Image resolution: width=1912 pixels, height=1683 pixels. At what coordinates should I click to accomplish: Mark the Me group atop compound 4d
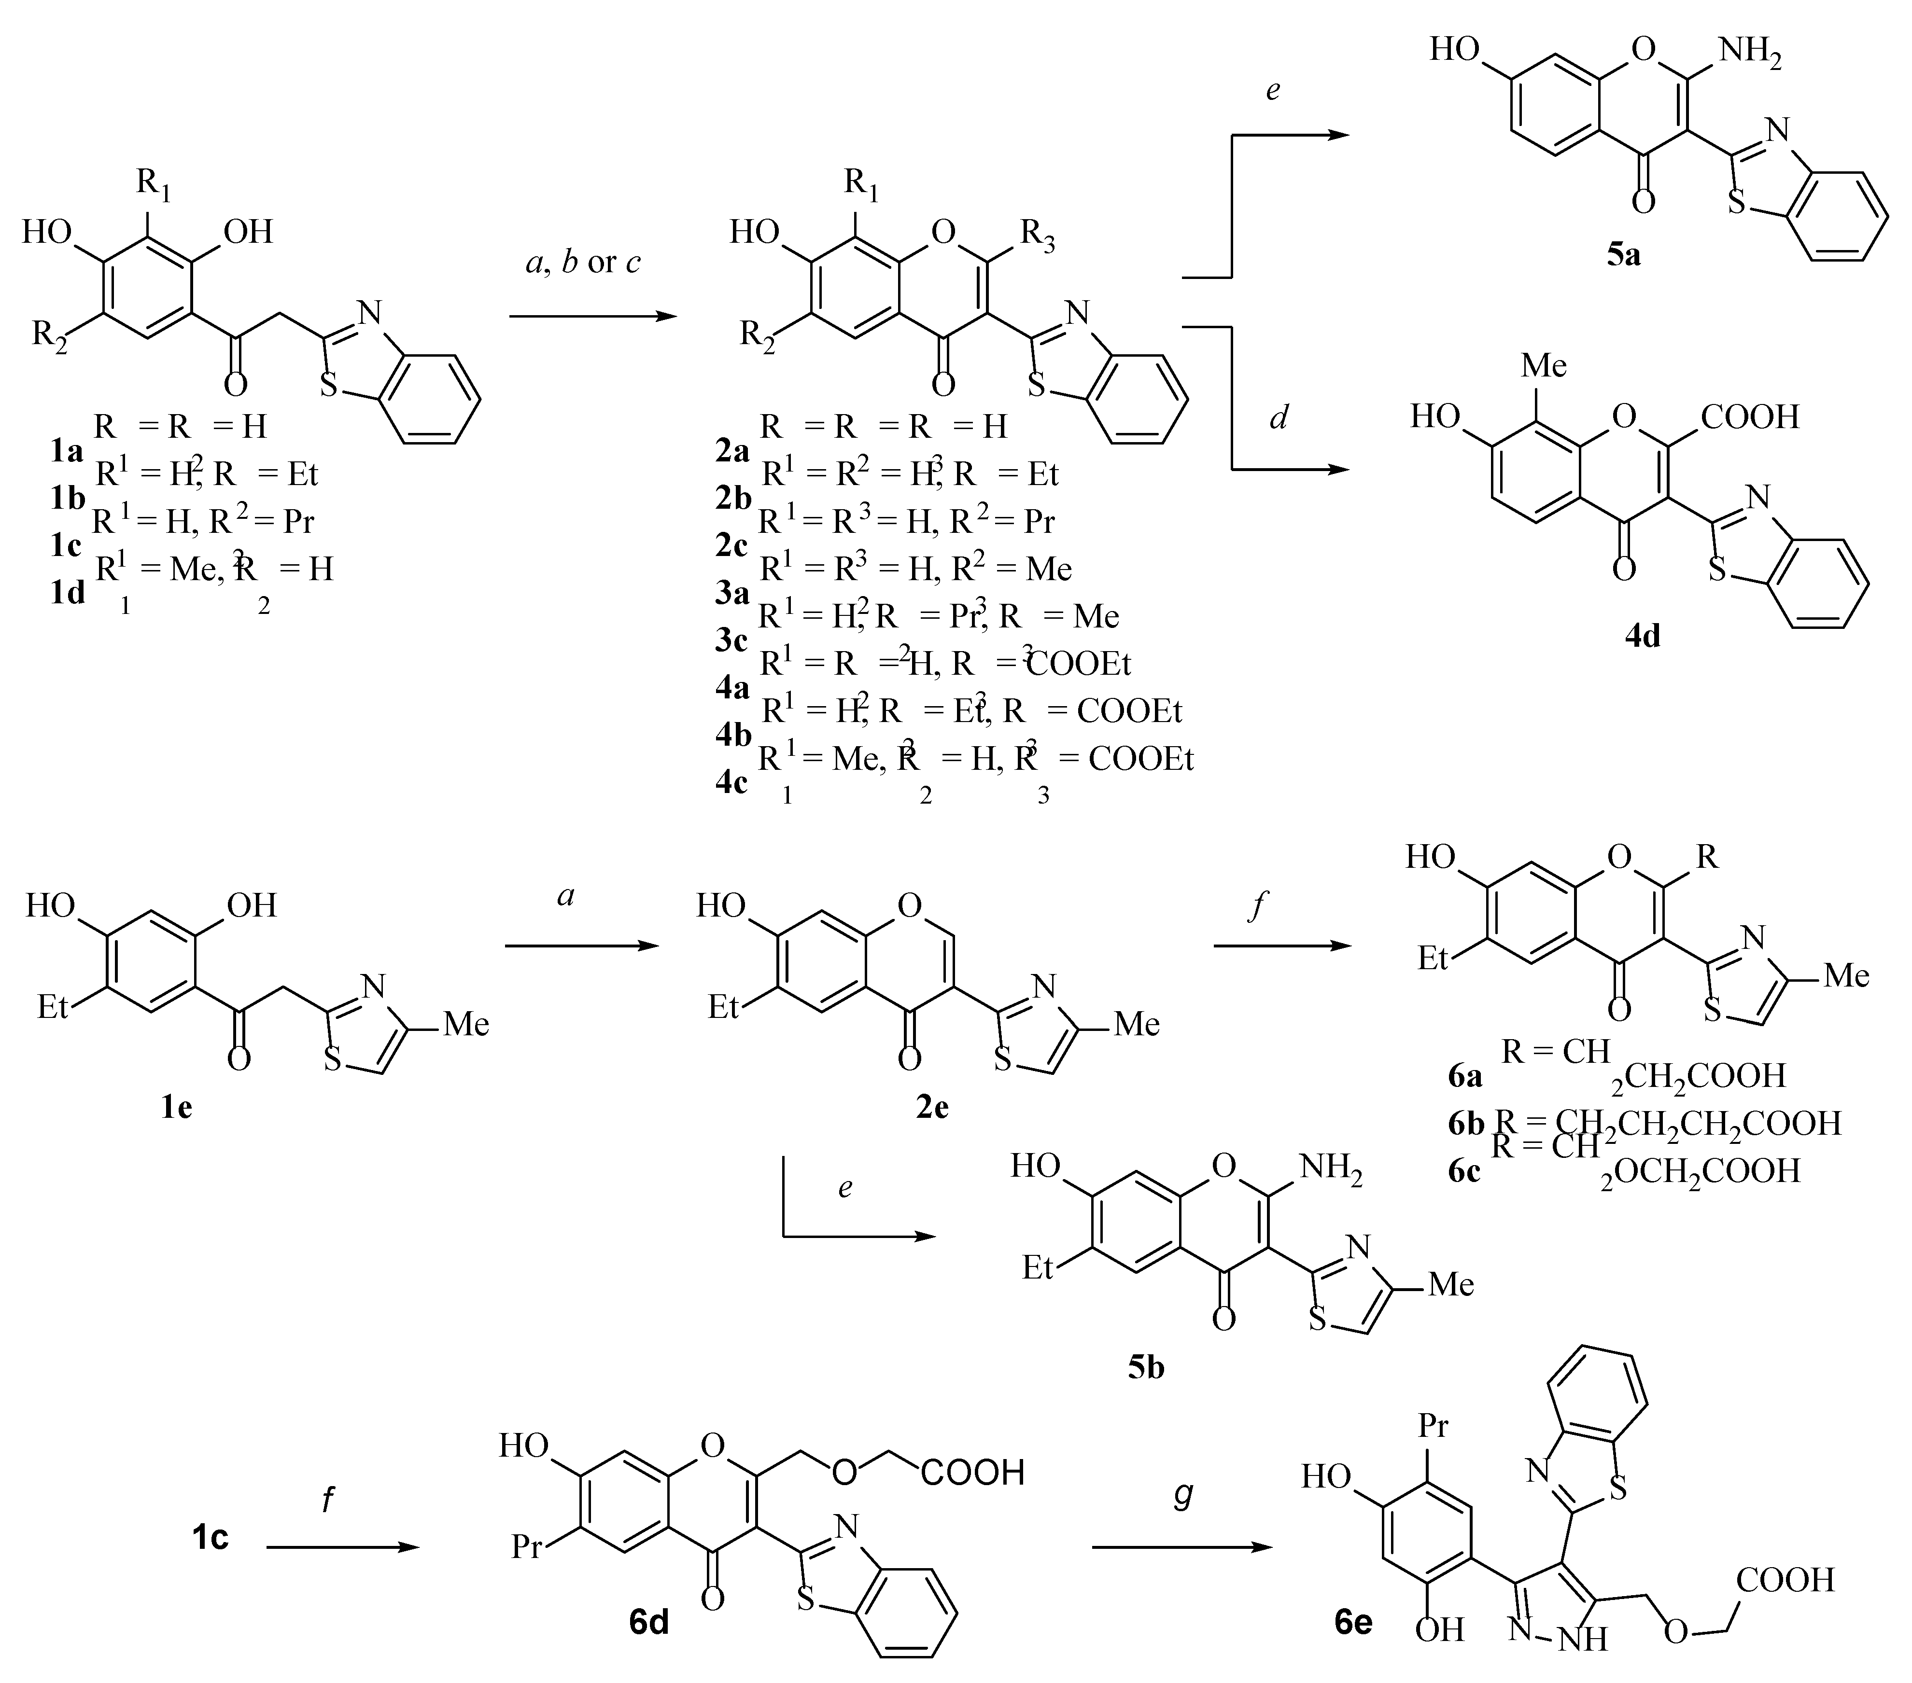point(1544,365)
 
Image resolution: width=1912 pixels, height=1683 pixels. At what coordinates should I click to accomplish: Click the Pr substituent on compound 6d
point(527,1547)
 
